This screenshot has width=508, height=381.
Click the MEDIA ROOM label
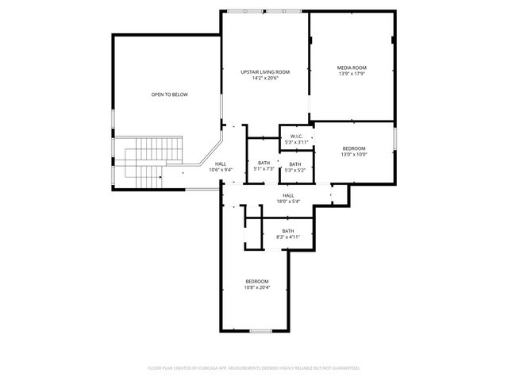click(x=352, y=67)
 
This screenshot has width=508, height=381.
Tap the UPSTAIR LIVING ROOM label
click(x=265, y=72)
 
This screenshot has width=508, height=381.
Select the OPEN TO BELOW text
click(x=170, y=94)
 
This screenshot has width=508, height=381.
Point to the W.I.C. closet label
click(x=296, y=137)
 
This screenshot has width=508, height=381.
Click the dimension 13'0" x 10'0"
click(x=354, y=155)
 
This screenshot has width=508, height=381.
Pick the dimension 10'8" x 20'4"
click(x=257, y=287)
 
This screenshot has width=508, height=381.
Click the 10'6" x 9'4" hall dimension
click(x=220, y=170)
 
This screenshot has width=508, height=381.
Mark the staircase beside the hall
click(x=148, y=164)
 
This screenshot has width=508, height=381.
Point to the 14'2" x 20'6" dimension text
click(x=265, y=78)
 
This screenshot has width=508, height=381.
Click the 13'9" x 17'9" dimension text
click(x=352, y=74)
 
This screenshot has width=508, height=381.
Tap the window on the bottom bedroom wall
click(x=261, y=330)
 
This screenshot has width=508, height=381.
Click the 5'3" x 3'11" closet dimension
click(x=296, y=142)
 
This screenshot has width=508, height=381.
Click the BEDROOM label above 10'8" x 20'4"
click(x=257, y=281)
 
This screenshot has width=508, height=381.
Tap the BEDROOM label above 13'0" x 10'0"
click(x=354, y=148)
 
